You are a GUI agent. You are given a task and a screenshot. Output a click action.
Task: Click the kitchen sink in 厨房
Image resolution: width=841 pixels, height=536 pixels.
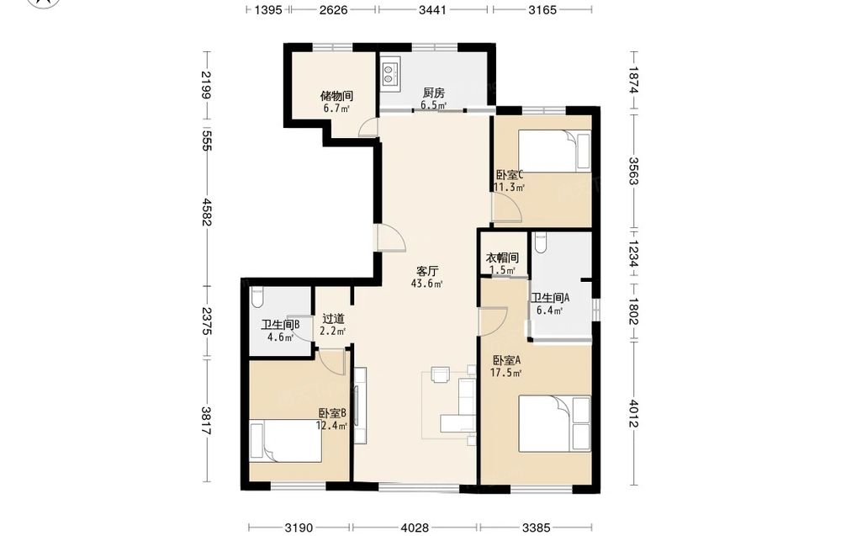pos(390,73)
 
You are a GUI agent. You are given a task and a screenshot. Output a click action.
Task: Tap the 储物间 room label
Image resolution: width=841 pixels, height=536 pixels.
pos(336,96)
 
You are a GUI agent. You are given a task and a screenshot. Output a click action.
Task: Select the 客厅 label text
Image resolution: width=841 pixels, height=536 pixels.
pos(426,271)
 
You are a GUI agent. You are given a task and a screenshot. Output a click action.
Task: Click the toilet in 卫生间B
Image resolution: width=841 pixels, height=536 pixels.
pos(257,297)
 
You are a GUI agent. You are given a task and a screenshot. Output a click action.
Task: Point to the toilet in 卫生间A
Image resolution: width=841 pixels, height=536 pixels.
pos(540,242)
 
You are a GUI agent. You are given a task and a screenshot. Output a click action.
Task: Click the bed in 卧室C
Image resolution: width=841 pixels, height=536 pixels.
pos(554,151)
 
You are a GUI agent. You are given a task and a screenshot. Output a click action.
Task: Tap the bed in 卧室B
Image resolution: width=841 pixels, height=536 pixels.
pos(286,441)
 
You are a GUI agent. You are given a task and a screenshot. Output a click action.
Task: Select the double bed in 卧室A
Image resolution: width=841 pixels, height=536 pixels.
pos(554,424)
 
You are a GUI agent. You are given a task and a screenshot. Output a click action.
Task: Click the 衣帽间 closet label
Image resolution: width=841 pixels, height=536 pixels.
pos(502,258)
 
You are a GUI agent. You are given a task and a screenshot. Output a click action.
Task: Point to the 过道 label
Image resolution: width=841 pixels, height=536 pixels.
pos(333,319)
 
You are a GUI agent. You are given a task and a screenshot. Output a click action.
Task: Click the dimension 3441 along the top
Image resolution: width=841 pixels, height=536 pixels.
pos(432,9)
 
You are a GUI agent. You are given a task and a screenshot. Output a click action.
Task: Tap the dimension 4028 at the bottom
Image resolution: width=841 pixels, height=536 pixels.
pos(415,528)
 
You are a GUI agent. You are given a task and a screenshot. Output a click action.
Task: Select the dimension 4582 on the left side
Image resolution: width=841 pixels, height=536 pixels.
pos(206,212)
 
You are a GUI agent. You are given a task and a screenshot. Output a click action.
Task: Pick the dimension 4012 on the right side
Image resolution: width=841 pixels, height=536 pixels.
pos(634,413)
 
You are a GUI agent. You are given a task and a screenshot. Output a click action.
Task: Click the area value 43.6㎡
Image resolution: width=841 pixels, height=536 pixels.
pos(427,284)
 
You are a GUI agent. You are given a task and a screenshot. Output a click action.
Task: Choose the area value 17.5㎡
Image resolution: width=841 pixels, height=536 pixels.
pos(505,373)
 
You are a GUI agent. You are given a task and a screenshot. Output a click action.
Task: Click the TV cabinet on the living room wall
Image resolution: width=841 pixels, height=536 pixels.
pos(360,405)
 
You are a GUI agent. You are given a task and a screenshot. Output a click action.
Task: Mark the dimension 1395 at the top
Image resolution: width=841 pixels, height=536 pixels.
pos(268,9)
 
